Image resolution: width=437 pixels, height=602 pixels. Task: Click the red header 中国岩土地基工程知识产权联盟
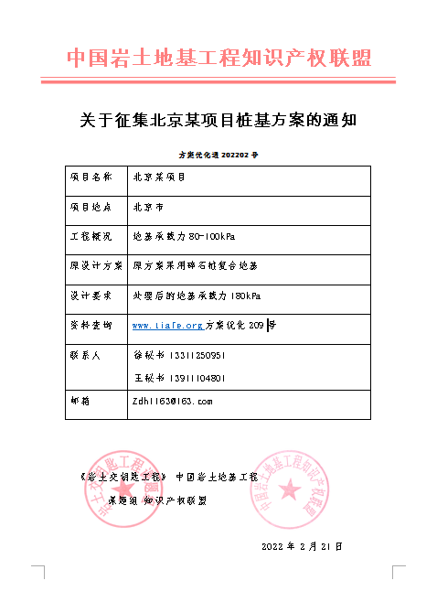pyautogui.click(x=219, y=59)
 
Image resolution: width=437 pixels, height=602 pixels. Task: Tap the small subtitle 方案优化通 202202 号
pyautogui.click(x=218, y=156)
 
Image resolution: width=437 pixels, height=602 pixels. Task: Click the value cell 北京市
pyautogui.click(x=148, y=207)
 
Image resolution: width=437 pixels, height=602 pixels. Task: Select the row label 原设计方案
pyautogui.click(x=96, y=265)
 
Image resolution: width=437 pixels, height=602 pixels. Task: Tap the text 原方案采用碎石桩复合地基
pyautogui.click(x=196, y=265)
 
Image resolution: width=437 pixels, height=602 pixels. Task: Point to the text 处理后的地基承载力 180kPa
pyautogui.click(x=197, y=296)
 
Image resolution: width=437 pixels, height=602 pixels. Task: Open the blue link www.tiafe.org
pyautogui.click(x=167, y=325)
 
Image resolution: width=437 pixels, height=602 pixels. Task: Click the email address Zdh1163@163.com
pyautogui.click(x=173, y=401)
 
